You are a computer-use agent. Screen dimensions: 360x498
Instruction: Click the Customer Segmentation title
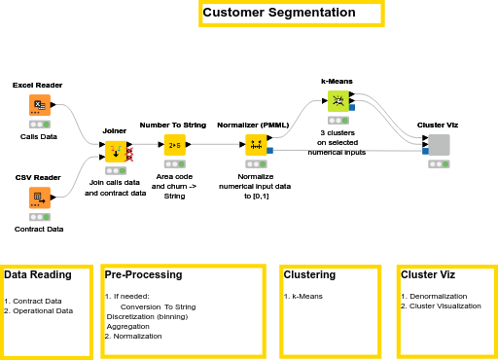pos(279,14)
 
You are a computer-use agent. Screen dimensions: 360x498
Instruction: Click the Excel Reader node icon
pos(40,104)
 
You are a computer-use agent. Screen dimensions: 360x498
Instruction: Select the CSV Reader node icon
pos(40,198)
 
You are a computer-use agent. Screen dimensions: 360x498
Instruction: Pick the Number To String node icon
pos(175,145)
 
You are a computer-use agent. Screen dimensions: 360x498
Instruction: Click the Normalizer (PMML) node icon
pos(256,145)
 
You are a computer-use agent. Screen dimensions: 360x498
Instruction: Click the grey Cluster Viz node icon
pos(439,144)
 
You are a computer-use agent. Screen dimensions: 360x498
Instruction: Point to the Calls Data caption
pos(39,137)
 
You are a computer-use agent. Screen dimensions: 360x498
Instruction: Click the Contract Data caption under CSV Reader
pos(39,230)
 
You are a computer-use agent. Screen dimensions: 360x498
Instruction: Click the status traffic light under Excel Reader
pos(40,125)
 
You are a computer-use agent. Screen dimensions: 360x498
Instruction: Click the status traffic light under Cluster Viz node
pos(439,164)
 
